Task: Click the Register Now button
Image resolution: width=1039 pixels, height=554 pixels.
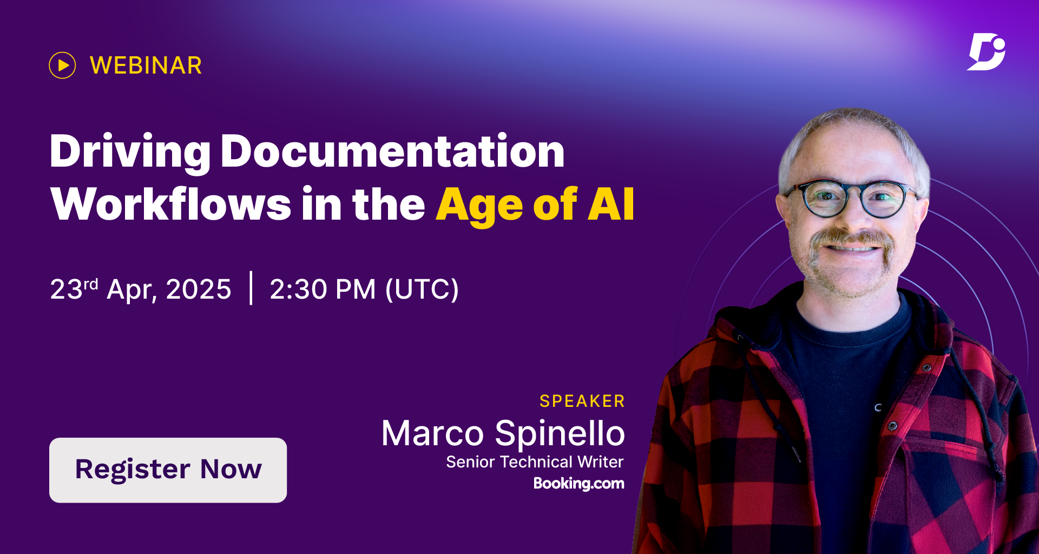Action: [168, 470]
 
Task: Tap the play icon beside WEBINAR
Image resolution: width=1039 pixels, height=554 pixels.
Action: [62, 65]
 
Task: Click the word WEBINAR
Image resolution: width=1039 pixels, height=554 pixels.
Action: [146, 65]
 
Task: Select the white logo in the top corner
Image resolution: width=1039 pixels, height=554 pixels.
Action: [986, 52]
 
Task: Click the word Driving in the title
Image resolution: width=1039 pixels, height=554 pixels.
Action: [130, 153]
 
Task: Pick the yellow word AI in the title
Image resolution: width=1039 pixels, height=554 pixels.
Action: [611, 204]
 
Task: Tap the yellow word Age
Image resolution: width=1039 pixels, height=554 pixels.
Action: [479, 206]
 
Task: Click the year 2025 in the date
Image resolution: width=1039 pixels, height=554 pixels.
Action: [199, 289]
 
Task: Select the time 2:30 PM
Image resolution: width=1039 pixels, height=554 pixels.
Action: [323, 289]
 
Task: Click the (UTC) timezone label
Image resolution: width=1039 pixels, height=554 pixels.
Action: [422, 289]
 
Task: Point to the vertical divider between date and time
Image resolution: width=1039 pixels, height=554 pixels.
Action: [251, 288]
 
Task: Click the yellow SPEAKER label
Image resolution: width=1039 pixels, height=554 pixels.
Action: [582, 401]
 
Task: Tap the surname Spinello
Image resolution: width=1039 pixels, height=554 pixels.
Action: [560, 434]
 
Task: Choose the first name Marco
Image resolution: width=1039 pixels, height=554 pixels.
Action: [432, 434]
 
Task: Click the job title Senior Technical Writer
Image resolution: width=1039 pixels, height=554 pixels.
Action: [535, 461]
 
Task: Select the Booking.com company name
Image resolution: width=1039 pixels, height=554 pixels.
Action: [579, 483]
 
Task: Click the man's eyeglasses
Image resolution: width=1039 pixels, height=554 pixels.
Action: [852, 198]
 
